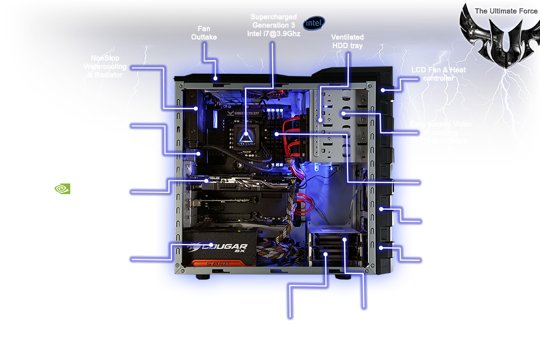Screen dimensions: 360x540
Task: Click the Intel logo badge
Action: pyautogui.click(x=314, y=23)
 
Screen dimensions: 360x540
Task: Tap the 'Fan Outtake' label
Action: pyautogui.click(x=204, y=33)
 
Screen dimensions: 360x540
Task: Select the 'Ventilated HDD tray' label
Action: pyautogui.click(x=348, y=42)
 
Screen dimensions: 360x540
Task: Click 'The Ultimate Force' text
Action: pyautogui.click(x=498, y=11)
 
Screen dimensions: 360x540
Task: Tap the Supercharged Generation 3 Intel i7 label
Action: pyautogui.click(x=274, y=25)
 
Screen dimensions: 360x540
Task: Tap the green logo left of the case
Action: pyautogui.click(x=64, y=189)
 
